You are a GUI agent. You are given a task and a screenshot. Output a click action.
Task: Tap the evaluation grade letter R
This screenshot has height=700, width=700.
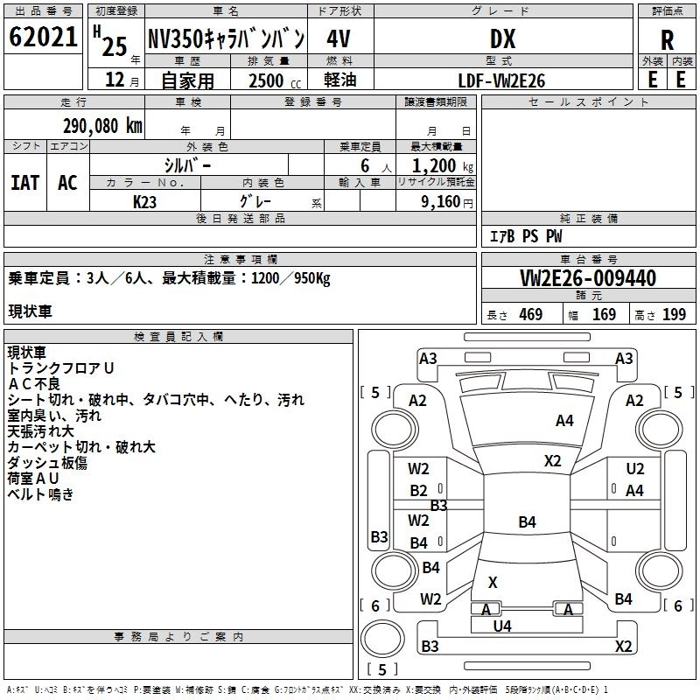[x=668, y=40]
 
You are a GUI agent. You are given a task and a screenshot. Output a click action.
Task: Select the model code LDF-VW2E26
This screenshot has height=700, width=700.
[x=502, y=80]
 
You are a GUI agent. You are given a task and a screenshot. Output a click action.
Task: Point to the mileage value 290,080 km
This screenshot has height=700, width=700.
[x=102, y=125]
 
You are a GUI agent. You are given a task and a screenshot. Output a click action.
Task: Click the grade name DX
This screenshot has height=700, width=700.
[x=502, y=39]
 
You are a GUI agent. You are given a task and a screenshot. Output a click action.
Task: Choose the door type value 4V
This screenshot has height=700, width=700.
[x=339, y=39]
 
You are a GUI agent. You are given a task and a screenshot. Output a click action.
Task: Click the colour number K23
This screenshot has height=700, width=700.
[x=145, y=200]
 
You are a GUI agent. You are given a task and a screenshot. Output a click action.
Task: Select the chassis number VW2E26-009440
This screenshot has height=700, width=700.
[x=588, y=278]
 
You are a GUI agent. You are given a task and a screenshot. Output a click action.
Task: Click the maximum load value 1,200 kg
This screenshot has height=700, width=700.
[x=443, y=165]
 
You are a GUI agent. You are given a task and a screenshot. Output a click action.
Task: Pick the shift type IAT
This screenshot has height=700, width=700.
[x=24, y=182]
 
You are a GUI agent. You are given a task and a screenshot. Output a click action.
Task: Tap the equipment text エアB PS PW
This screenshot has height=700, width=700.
[x=525, y=236]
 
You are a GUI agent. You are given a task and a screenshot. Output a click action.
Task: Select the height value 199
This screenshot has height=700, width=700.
[x=674, y=315]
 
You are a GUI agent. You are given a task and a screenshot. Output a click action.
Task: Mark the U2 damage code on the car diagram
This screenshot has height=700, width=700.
[x=635, y=469]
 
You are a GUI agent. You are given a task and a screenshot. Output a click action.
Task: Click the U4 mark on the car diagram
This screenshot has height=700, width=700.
[x=502, y=626]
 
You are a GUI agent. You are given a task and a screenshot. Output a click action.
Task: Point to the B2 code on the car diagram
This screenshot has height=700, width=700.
[x=419, y=491]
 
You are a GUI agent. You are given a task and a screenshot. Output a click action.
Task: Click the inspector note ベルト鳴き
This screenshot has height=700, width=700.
[x=41, y=494]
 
